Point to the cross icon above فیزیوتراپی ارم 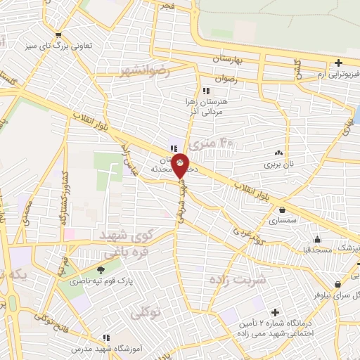[339, 63]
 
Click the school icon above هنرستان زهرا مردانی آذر [205, 91]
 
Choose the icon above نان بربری [279, 153]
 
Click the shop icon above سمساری [283, 210]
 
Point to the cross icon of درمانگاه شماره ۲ [274, 311]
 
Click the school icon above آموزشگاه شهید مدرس [107, 338]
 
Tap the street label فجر [186, 6]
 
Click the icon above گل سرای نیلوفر [338, 285]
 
